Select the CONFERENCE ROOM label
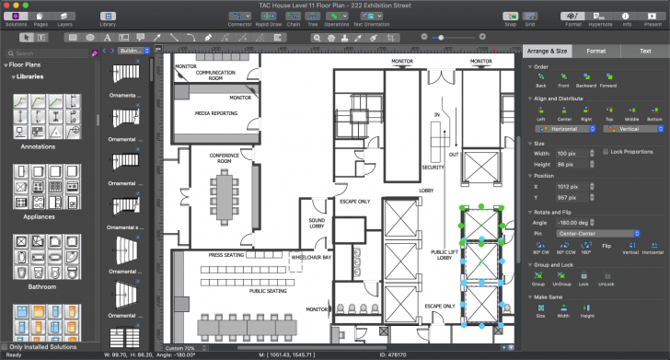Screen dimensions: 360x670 click(x=224, y=157)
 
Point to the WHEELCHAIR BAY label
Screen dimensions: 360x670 click(x=312, y=258)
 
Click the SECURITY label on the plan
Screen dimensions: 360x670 click(x=433, y=168)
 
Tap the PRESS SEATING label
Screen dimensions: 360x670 click(x=226, y=255)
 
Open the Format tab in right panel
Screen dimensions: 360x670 click(x=595, y=52)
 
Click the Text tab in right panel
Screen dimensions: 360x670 click(x=645, y=52)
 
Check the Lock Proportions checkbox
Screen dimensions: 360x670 click(x=605, y=151)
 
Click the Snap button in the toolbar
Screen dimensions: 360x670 click(x=509, y=16)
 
